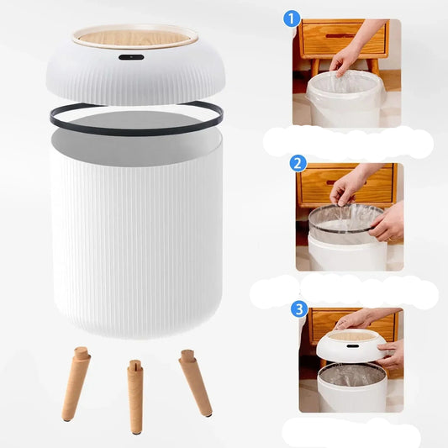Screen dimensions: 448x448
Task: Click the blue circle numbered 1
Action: click(x=292, y=19)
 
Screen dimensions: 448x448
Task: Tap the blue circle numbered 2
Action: click(x=298, y=164)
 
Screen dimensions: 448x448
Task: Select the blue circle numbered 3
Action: click(x=299, y=309)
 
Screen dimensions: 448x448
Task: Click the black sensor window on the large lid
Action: click(x=131, y=57)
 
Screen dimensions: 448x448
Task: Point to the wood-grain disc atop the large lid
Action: click(x=134, y=38)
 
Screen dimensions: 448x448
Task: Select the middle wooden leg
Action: click(x=135, y=397)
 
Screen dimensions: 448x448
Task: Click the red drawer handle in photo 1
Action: click(x=340, y=36)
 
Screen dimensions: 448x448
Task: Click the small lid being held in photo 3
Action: click(x=352, y=345)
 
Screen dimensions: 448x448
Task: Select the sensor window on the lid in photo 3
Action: click(x=353, y=346)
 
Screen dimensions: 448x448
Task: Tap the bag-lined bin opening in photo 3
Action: click(x=352, y=375)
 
